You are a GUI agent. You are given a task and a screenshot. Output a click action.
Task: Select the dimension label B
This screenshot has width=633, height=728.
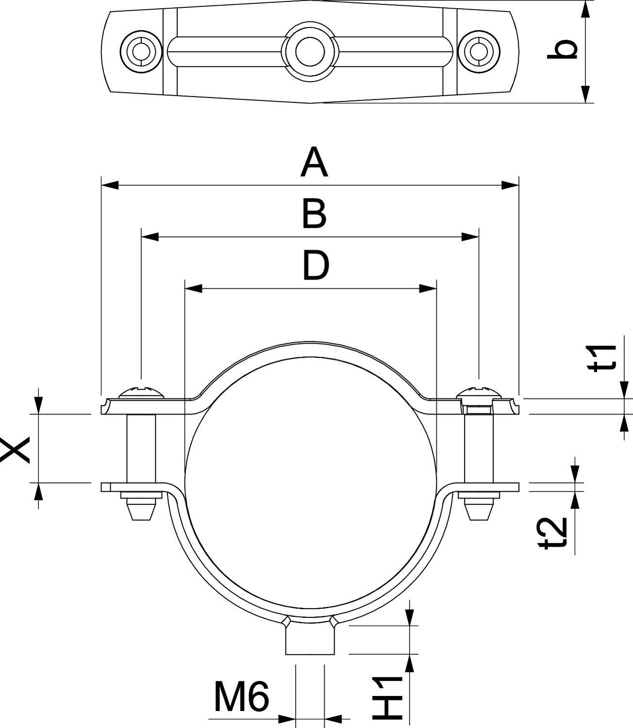314,215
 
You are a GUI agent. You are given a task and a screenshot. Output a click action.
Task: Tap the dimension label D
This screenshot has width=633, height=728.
316,265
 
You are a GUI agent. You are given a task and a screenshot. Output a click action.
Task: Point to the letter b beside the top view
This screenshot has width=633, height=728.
563,50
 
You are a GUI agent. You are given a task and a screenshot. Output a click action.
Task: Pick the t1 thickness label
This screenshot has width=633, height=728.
604,357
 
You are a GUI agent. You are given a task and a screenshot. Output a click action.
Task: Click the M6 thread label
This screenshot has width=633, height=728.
241,697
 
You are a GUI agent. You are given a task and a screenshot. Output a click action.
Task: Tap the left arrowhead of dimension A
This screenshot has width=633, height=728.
110,184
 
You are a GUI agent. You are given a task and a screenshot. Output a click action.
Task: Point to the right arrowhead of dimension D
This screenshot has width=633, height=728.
428,289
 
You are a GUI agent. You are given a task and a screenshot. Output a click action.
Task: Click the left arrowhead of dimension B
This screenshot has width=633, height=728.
150,237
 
